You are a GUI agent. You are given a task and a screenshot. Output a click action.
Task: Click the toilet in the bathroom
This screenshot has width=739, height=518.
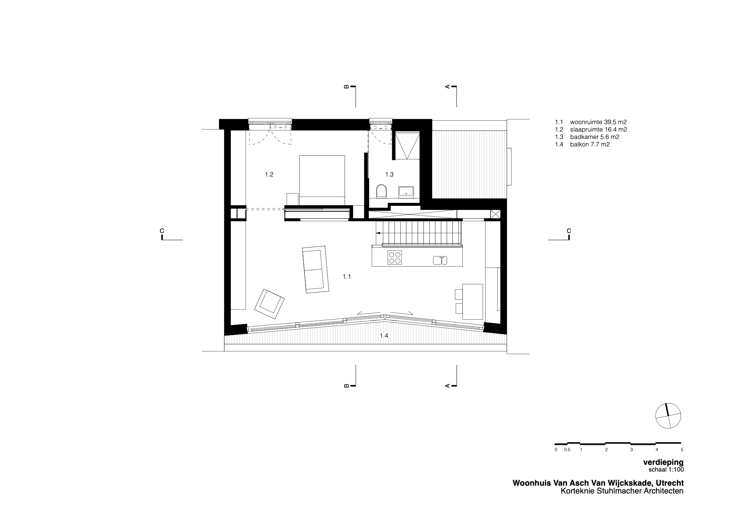(x=381, y=191)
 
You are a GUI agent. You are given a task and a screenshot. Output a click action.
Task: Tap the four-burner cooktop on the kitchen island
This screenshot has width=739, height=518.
(x=395, y=258)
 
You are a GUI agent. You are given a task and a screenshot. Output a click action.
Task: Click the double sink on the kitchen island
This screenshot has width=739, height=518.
(x=440, y=260)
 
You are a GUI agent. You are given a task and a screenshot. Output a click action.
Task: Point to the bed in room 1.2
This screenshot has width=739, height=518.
(x=322, y=180)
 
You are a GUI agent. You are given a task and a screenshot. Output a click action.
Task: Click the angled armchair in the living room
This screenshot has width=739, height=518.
(x=270, y=304)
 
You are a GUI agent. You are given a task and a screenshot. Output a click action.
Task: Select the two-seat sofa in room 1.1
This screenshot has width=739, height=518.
(x=315, y=269)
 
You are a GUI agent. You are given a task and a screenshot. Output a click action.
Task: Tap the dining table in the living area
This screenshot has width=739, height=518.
(x=472, y=301)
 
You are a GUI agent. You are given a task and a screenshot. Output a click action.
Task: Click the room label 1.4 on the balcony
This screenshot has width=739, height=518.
(x=384, y=336)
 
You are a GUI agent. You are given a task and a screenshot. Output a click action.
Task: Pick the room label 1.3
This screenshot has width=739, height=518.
(x=389, y=174)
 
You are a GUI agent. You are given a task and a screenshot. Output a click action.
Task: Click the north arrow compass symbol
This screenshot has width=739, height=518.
(x=668, y=416)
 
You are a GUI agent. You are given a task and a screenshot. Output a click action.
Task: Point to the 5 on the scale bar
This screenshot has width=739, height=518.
(x=681, y=450)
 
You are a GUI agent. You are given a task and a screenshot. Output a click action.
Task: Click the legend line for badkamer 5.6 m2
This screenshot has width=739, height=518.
(x=587, y=137)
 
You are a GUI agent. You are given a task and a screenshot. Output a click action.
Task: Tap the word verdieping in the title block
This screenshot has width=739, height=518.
(x=663, y=463)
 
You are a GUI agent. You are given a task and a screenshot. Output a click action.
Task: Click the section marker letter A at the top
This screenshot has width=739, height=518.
(x=448, y=87)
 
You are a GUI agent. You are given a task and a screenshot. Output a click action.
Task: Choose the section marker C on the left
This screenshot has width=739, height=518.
(x=162, y=231)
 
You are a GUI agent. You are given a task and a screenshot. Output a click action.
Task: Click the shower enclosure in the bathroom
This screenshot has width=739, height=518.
(x=407, y=146)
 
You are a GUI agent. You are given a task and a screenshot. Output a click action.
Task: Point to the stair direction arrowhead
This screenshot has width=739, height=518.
(x=378, y=233)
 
